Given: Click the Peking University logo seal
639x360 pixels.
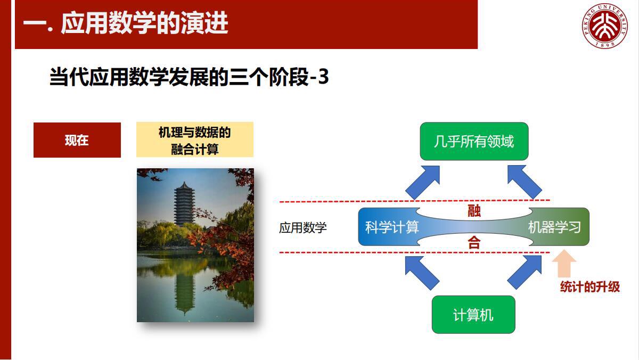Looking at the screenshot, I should [x=605, y=25].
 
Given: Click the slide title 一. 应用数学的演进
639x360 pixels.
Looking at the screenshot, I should [x=126, y=24].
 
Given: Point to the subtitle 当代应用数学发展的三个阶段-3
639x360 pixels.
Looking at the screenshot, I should [x=189, y=78].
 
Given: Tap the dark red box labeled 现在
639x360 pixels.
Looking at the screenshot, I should [x=77, y=140].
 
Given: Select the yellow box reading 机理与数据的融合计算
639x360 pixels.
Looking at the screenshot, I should [x=194, y=140].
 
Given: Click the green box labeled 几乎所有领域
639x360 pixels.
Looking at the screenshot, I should [x=474, y=142].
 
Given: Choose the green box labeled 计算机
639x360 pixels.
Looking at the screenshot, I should [x=473, y=315].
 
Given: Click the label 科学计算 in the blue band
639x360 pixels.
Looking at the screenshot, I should [x=392, y=227].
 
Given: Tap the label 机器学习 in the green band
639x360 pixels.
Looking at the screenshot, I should [x=554, y=227].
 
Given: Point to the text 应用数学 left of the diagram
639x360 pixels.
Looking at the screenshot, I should [x=302, y=228].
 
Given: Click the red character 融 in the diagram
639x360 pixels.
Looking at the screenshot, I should [x=474, y=211].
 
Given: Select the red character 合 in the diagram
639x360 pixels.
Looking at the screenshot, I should [x=474, y=243].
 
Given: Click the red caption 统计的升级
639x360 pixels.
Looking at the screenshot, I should [x=590, y=287].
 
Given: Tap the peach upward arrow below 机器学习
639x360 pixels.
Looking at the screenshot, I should [x=564, y=264].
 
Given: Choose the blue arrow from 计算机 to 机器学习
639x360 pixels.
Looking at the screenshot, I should [x=525, y=272].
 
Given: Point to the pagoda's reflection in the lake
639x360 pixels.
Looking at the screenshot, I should [x=185, y=290].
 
